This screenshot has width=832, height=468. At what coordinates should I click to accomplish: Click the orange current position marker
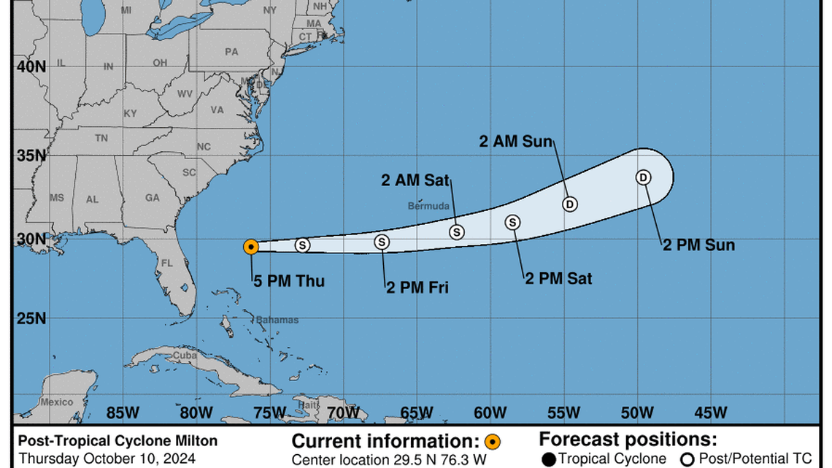250,247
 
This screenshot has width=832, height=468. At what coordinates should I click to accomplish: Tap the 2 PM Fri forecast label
417,288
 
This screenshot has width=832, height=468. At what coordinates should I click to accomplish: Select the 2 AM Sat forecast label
415,180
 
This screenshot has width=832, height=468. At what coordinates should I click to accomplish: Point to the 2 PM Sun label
698,245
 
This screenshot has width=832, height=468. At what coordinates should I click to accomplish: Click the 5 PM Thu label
289,281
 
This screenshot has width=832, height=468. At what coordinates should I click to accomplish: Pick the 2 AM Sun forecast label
516,142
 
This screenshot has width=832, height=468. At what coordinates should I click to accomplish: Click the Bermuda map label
425,206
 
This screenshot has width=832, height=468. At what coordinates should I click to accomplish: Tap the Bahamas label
277,320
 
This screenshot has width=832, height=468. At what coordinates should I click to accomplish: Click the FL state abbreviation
167,263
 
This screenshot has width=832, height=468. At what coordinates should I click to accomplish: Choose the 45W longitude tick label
709,413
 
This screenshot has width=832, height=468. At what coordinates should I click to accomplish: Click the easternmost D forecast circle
643,177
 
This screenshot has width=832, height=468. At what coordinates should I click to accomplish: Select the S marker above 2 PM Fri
382,242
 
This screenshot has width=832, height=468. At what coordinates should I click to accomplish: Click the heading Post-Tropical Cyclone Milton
118,441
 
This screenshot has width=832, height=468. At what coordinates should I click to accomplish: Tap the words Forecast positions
628,440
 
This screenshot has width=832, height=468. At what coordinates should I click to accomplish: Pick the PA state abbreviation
231,52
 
